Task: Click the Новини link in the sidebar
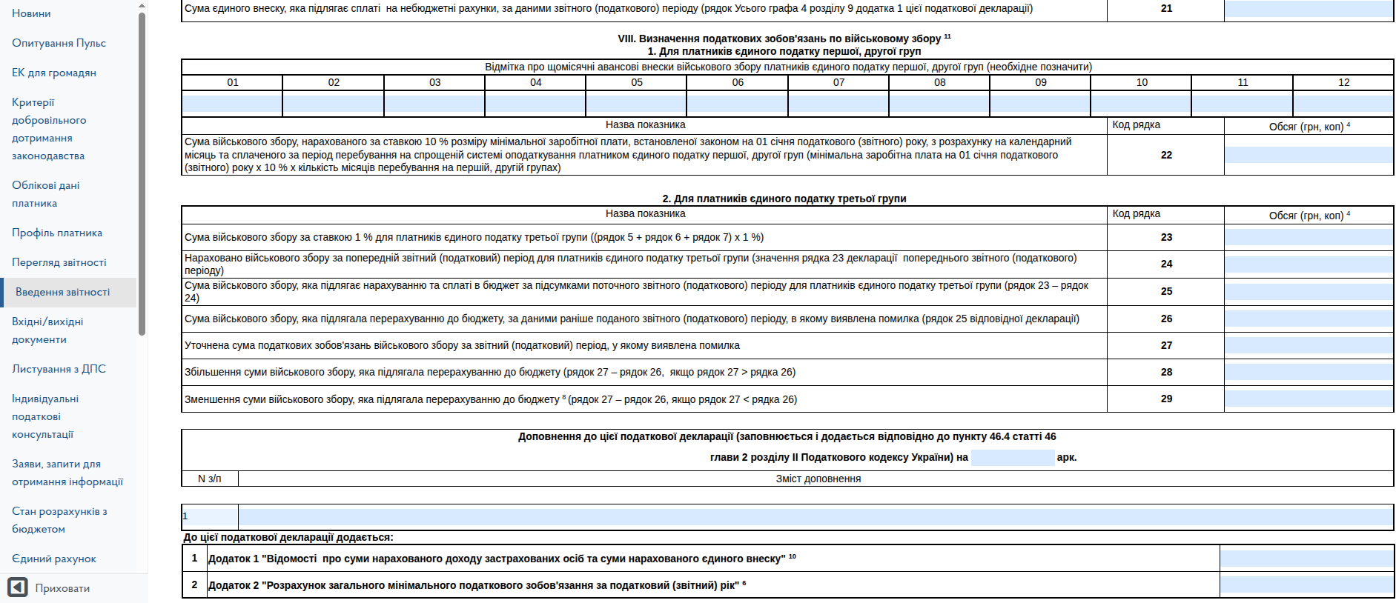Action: [31, 13]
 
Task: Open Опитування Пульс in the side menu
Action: [59, 43]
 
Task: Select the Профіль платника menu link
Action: [57, 233]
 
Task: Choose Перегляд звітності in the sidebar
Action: [59, 262]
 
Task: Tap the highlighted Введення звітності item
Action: [63, 292]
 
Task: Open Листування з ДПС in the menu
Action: [59, 369]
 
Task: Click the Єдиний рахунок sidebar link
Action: [53, 559]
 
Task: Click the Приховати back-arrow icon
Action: [18, 587]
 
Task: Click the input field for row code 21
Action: [1308, 9]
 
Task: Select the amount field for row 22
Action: [1308, 155]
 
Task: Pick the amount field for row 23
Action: [1308, 237]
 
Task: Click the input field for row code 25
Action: [1308, 291]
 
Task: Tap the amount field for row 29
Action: [1308, 399]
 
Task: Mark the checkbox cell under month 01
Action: [232, 103]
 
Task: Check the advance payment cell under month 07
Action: [838, 103]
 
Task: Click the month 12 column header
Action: [1343, 82]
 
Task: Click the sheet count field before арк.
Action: [1012, 457]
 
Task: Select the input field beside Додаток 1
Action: [1306, 559]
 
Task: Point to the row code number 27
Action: [1166, 345]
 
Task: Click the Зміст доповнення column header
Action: [818, 479]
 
